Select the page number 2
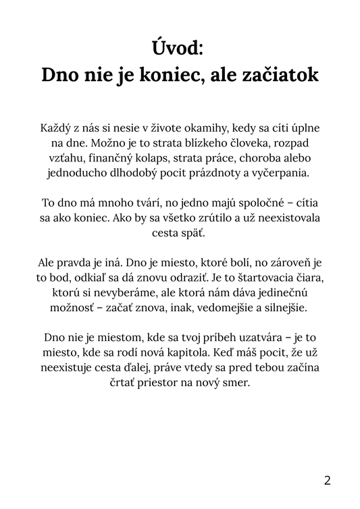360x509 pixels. tap(328, 481)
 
